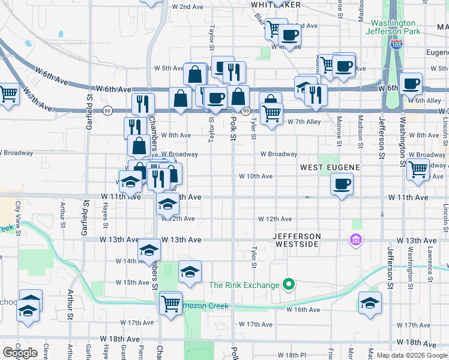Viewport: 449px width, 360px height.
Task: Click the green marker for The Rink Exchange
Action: tap(289, 284)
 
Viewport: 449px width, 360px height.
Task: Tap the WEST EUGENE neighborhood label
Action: tap(330, 167)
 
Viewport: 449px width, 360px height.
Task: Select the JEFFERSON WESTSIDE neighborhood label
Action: tap(298, 240)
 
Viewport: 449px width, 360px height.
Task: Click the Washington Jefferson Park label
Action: tap(393, 27)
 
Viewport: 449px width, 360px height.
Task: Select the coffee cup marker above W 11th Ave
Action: tap(342, 184)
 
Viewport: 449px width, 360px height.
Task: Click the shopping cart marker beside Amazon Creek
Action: tap(171, 302)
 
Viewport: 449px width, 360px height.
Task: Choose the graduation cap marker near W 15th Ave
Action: tap(190, 272)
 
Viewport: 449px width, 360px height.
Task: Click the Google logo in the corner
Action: tap(20, 353)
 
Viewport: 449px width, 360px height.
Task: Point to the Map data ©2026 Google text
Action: tap(412, 355)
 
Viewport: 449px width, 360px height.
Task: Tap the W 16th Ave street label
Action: tap(303, 310)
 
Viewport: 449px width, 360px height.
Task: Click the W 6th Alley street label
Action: tap(424, 100)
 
